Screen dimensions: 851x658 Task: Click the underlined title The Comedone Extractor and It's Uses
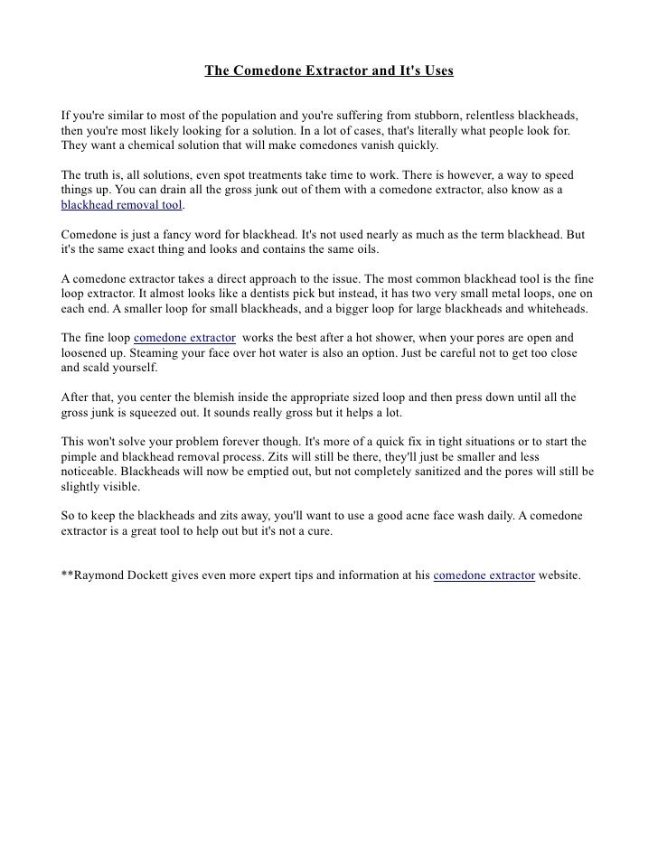click(x=328, y=70)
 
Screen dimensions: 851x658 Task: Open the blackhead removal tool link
click(x=121, y=205)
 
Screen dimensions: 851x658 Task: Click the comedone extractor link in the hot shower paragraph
click(x=185, y=337)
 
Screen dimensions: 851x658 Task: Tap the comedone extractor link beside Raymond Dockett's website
click(x=484, y=574)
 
